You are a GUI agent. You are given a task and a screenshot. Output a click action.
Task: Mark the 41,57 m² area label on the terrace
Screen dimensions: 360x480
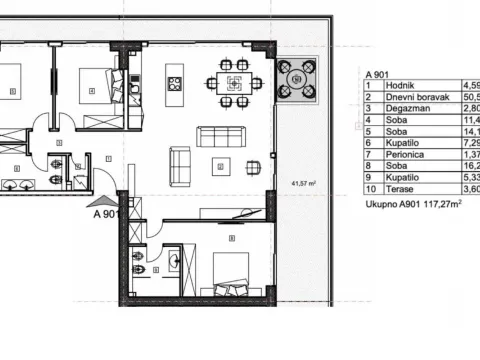coord(302,183)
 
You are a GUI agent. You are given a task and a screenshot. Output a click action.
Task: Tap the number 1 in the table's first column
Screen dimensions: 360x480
coord(369,86)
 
